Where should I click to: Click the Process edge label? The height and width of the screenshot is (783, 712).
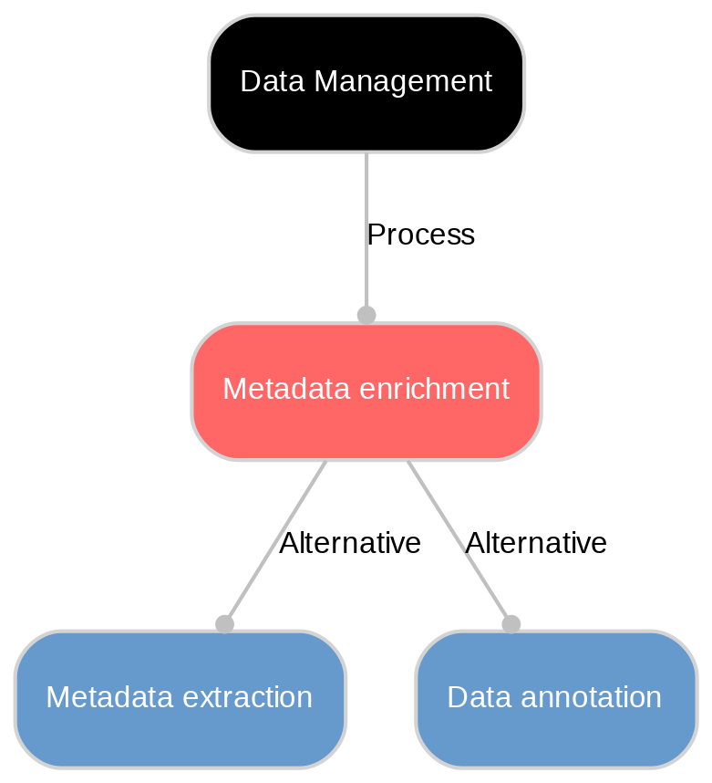[x=420, y=235]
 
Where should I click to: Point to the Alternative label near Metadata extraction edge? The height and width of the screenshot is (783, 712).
[x=349, y=544]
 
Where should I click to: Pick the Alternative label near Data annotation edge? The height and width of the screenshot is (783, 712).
[x=535, y=544]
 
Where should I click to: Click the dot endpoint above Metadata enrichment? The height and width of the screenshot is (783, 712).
[x=366, y=315]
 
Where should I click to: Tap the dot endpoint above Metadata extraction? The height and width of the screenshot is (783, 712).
[x=224, y=623]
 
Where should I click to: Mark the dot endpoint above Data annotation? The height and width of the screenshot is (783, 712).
[x=511, y=623]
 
